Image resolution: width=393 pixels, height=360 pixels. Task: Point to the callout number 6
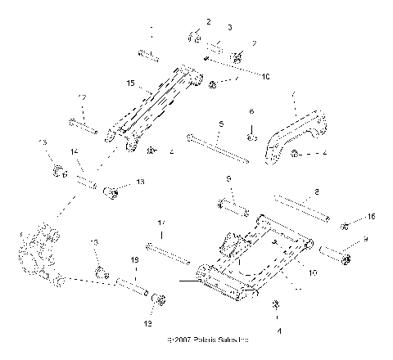251,111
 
